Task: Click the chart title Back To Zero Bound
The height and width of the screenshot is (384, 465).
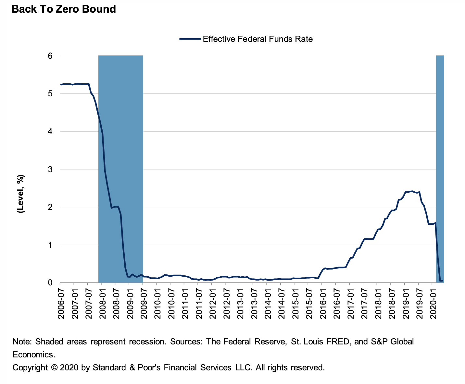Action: pos(64,9)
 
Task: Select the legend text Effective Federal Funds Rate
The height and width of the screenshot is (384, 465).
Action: pos(258,39)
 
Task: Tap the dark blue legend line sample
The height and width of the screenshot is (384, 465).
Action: pos(190,39)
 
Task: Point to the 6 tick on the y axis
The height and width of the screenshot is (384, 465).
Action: pos(50,56)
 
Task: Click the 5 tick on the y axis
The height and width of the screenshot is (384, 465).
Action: pos(50,94)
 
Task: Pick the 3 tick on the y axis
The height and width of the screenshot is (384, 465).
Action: pos(50,169)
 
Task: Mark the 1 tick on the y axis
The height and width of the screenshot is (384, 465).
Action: pos(50,245)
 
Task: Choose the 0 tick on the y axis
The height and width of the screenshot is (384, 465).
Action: pos(50,283)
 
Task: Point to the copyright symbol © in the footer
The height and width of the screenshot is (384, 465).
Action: pos(54,368)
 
